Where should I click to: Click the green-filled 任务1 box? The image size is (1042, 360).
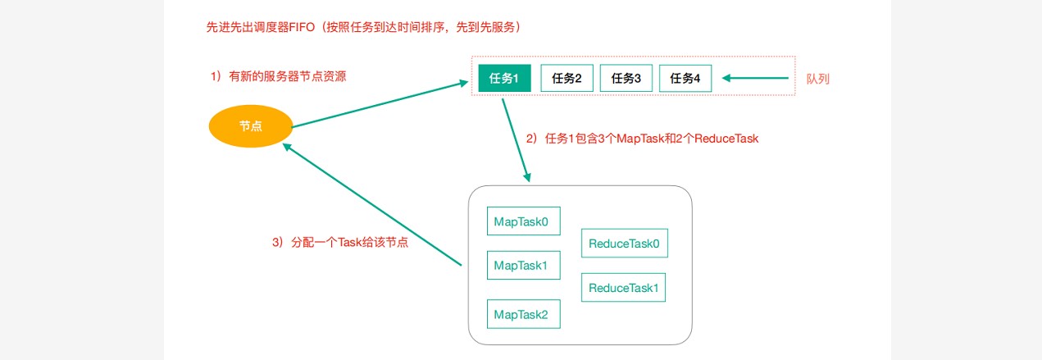tap(504, 79)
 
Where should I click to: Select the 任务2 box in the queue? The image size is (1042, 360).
tap(567, 79)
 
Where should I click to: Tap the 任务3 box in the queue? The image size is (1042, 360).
tap(626, 79)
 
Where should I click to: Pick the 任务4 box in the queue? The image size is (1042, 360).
tap(685, 79)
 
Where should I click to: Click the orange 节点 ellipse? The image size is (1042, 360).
tap(251, 126)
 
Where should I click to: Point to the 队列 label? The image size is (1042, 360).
tap(819, 79)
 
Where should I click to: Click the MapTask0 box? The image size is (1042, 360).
tap(523, 221)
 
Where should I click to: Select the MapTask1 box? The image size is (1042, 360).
tap(523, 266)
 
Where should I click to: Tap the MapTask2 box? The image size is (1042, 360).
tap(523, 314)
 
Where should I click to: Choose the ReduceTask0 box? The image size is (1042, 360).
tap(624, 244)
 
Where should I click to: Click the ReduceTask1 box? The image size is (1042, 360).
tap(624, 288)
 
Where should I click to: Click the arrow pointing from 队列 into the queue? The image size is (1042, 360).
tap(757, 79)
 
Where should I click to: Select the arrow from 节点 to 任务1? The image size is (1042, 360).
tap(377, 105)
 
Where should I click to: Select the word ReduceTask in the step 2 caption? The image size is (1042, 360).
tap(726, 139)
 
